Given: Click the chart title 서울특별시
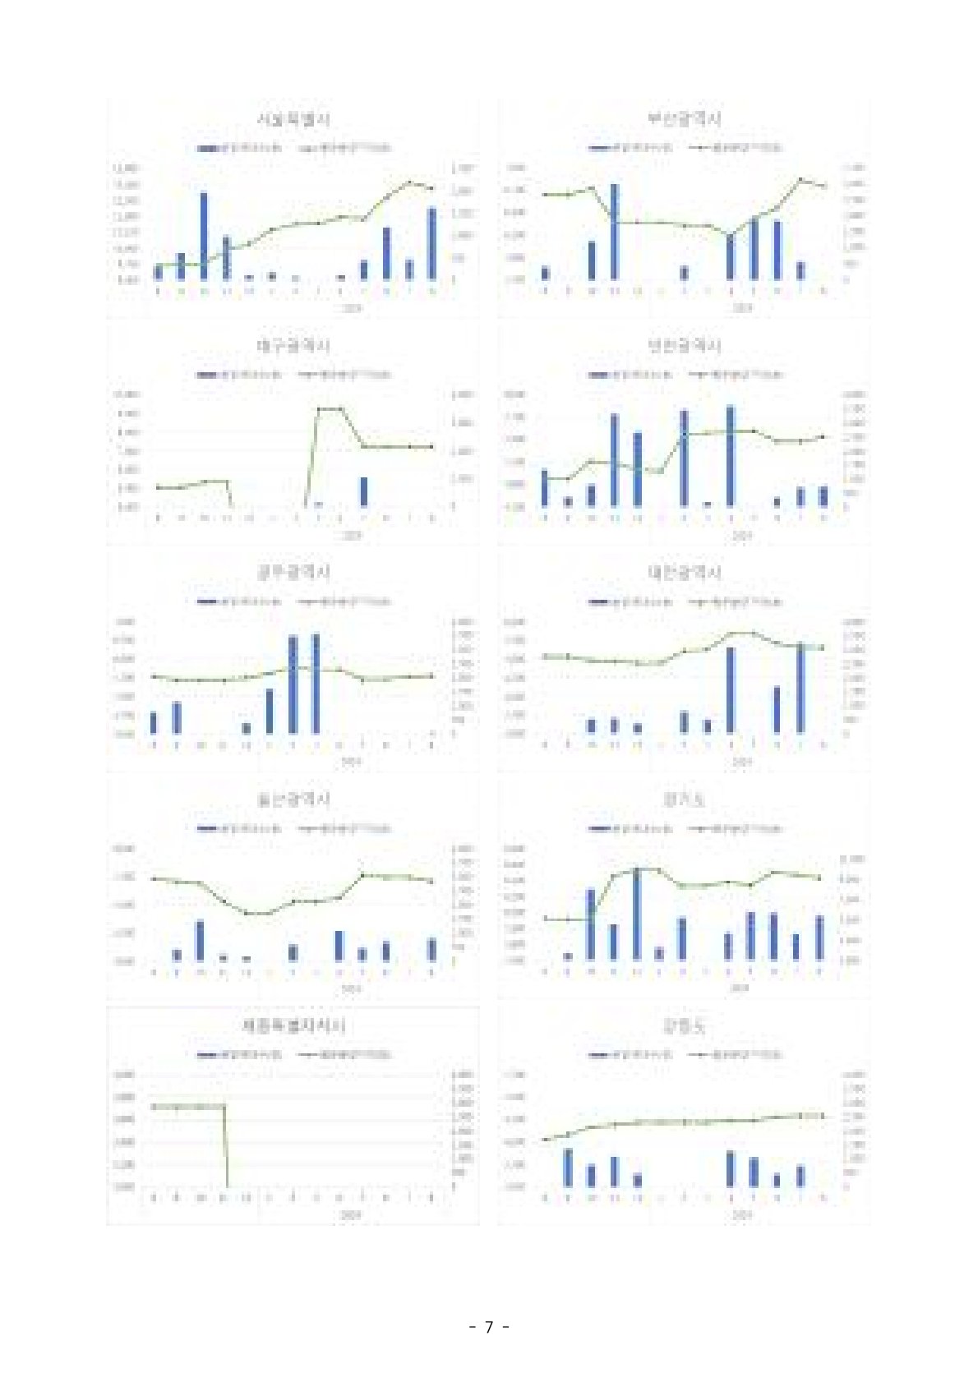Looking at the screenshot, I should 293,120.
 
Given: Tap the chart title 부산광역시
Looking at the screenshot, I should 685,120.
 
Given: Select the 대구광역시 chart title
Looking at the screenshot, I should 293,346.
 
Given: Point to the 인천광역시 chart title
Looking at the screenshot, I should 685,346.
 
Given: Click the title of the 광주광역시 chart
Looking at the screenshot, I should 293,572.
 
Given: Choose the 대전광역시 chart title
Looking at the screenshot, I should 685,572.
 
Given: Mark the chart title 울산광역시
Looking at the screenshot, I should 293,799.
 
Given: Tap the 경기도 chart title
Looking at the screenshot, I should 685,799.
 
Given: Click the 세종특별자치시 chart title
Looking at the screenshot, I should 293,1025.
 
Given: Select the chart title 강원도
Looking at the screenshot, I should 685,1025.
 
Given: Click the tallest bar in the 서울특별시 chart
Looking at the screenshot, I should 204,237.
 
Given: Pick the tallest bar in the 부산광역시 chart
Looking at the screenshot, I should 614,232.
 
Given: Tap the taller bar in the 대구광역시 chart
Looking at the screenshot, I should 364,491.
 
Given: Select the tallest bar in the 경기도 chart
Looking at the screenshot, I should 636,914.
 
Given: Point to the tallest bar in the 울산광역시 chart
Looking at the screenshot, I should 200,941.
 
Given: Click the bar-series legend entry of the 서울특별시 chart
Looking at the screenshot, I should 239,149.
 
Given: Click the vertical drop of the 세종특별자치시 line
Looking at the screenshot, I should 226,1146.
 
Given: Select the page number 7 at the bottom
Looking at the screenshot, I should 489,1327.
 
